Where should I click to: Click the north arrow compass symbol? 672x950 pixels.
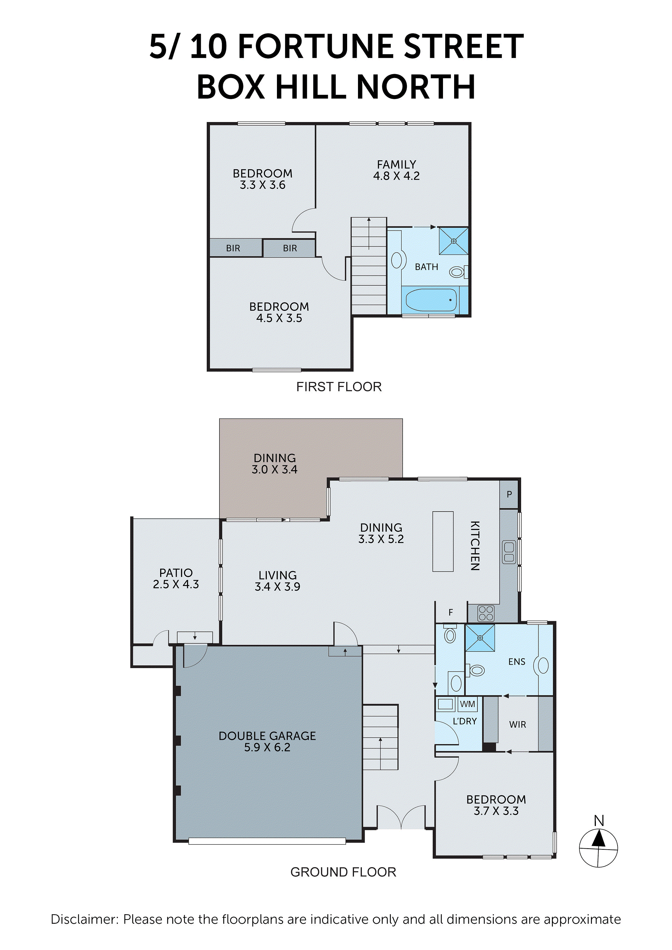pyautogui.click(x=598, y=847)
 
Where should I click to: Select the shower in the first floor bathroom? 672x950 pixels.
pyautogui.click(x=453, y=241)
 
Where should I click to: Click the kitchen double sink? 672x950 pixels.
pyautogui.click(x=509, y=552)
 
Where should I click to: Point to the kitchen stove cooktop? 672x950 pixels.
pyautogui.click(x=486, y=614)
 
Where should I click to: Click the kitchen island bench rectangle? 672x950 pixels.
pyautogui.click(x=443, y=541)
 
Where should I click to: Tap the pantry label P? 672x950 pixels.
pyautogui.click(x=509, y=494)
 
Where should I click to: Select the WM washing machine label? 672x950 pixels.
pyautogui.click(x=468, y=704)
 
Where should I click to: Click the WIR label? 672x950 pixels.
pyautogui.click(x=517, y=724)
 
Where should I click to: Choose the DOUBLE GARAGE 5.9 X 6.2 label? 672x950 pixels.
pyautogui.click(x=267, y=741)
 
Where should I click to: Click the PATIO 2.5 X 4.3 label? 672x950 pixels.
pyautogui.click(x=176, y=578)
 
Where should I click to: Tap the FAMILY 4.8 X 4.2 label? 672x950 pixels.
pyautogui.click(x=396, y=170)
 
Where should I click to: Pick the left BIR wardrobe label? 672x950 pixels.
pyautogui.click(x=233, y=248)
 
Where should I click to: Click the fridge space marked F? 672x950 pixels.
pyautogui.click(x=451, y=612)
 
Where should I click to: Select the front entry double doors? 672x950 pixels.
pyautogui.click(x=401, y=817)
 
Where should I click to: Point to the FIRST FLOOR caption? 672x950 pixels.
pyautogui.click(x=339, y=387)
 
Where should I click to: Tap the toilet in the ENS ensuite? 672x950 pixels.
pyautogui.click(x=476, y=670)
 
